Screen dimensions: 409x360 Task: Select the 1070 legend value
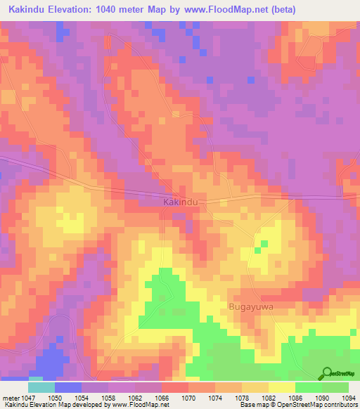coord(188,398)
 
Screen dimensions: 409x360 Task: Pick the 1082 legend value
coord(268,398)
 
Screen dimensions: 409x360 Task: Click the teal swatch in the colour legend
coord(41,387)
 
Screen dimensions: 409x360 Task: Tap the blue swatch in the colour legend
coord(68,387)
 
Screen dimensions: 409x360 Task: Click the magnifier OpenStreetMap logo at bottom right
coord(326,373)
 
